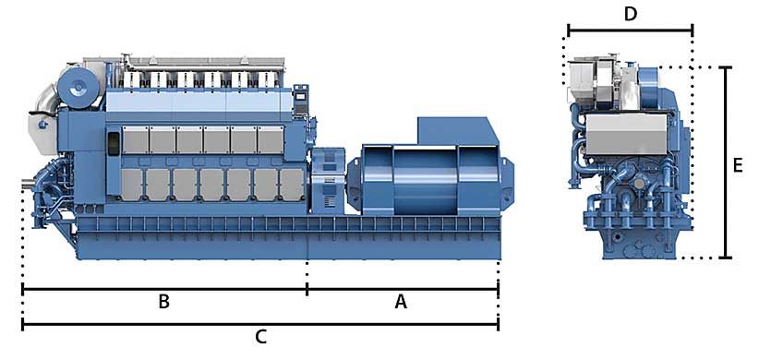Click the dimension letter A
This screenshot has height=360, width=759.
(x=401, y=302)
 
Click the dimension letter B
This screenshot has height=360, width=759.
(x=164, y=302)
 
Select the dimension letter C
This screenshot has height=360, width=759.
(x=261, y=336)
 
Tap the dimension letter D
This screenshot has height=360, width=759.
(x=631, y=15)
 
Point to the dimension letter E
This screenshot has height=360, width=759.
(x=737, y=166)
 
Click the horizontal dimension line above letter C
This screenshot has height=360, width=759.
(x=260, y=324)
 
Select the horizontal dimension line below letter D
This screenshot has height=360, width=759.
(x=631, y=30)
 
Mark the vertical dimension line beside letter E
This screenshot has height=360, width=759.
(x=725, y=162)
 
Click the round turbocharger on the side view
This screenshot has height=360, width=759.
(x=78, y=88)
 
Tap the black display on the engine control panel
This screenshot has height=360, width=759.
(x=301, y=96)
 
